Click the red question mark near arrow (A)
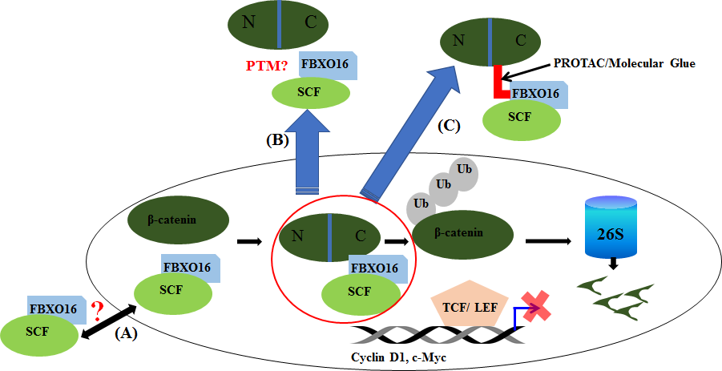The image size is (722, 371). click(x=99, y=309)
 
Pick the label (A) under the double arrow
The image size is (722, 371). click(x=126, y=334)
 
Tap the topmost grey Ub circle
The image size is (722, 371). click(x=463, y=171)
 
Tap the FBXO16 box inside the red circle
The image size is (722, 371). click(x=374, y=268)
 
